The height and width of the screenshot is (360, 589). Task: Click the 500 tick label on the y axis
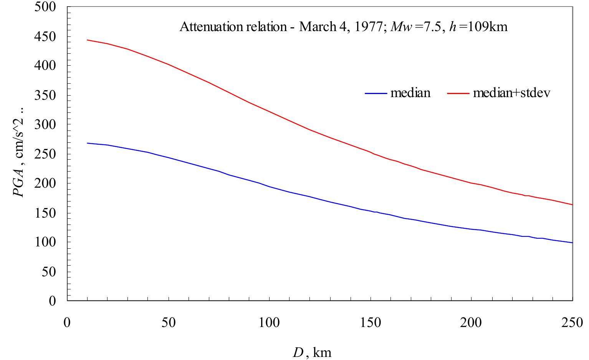[x=45, y=7]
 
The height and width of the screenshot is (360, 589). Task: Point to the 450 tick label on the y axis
[x=45, y=36]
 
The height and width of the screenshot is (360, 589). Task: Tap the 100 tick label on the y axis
[x=45, y=242]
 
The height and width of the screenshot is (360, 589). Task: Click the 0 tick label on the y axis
[x=53, y=301]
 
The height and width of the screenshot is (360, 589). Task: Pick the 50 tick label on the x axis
[x=168, y=322]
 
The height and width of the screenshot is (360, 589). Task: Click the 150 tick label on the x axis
[x=371, y=322]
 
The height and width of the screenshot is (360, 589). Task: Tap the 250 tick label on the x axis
[x=572, y=322]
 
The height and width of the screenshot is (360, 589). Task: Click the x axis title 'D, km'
[x=312, y=352]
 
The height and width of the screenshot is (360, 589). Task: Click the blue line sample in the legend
[x=376, y=93]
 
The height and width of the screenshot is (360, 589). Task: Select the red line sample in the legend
[x=458, y=93]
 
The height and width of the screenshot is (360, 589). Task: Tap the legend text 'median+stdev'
[x=511, y=93]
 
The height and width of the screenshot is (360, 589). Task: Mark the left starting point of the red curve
[x=88, y=40]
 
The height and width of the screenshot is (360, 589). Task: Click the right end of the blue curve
[x=572, y=243]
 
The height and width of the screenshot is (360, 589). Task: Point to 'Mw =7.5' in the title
[x=417, y=27]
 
